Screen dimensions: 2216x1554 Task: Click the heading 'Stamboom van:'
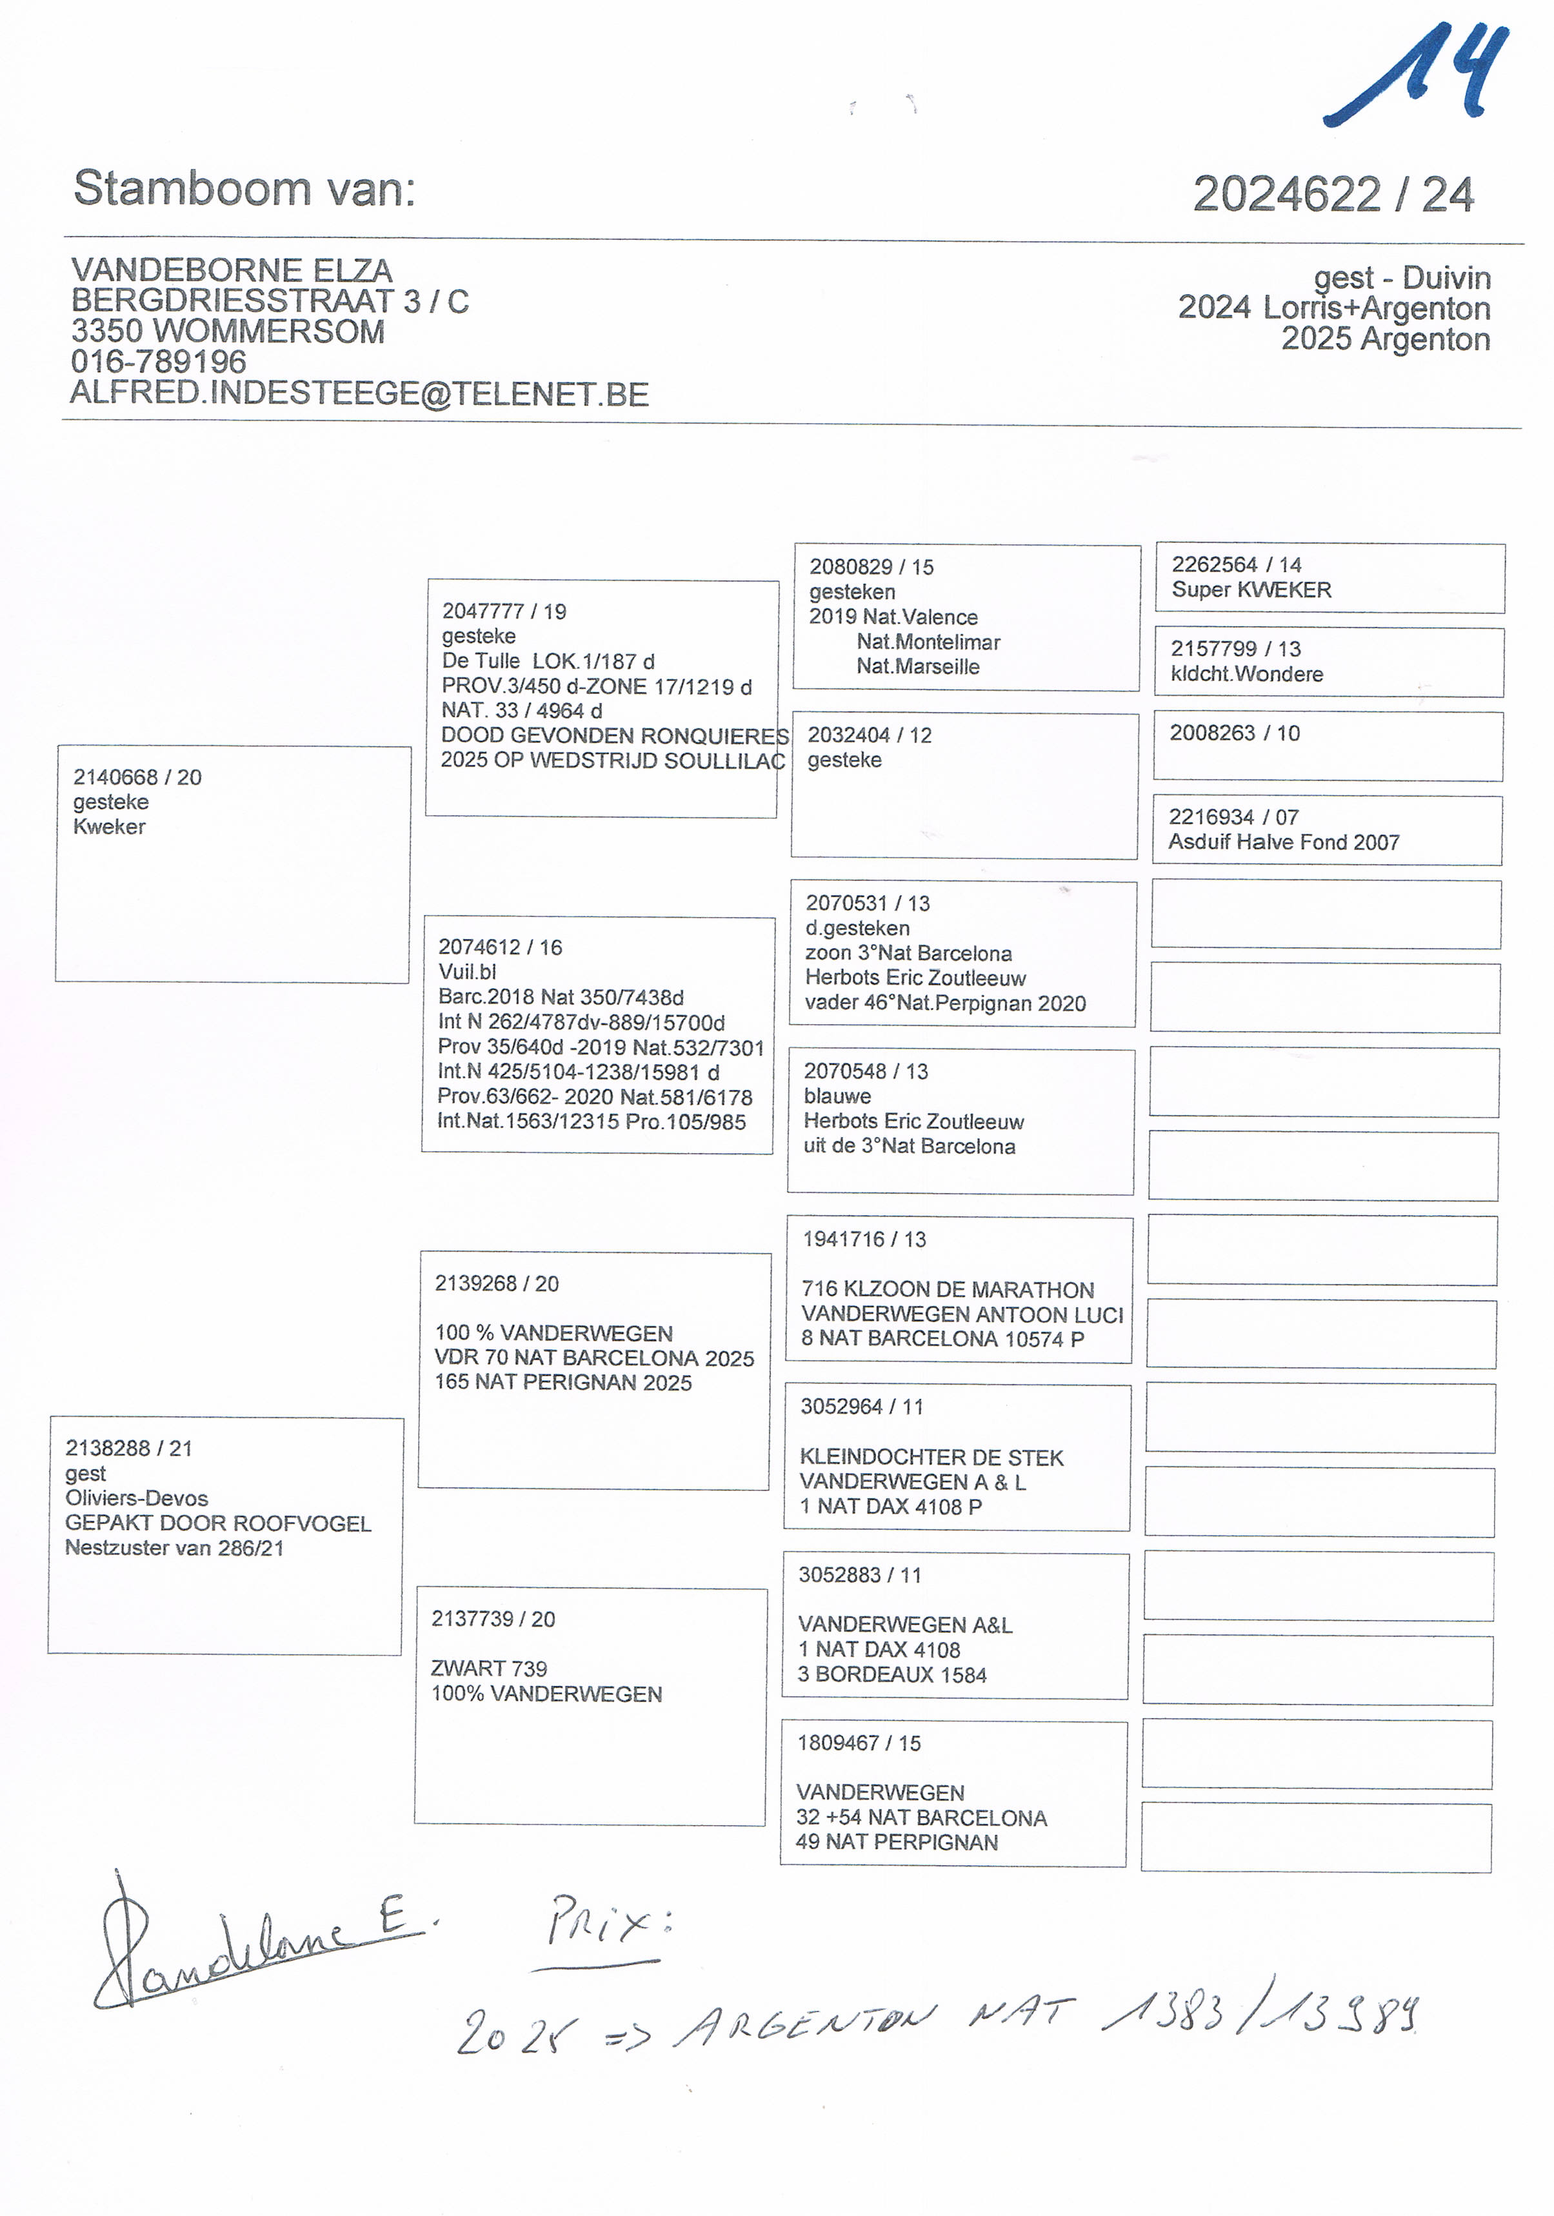coord(244,188)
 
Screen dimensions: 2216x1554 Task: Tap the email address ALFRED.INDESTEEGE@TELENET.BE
coord(359,394)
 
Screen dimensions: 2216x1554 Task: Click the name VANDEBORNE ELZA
coord(232,270)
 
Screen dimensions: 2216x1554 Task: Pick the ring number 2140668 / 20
coord(137,777)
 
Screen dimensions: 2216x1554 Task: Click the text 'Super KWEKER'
coord(1251,589)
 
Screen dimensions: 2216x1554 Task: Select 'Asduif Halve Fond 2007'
coord(1284,842)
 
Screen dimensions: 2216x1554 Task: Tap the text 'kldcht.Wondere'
coord(1246,674)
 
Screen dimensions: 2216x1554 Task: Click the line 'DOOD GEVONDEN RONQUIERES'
coord(615,735)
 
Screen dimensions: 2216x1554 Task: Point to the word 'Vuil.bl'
coord(467,972)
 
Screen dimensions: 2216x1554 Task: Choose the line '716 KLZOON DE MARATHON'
coord(947,1289)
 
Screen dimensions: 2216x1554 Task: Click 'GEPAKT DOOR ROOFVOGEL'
coord(218,1523)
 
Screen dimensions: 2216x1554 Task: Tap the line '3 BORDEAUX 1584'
coord(892,1674)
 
